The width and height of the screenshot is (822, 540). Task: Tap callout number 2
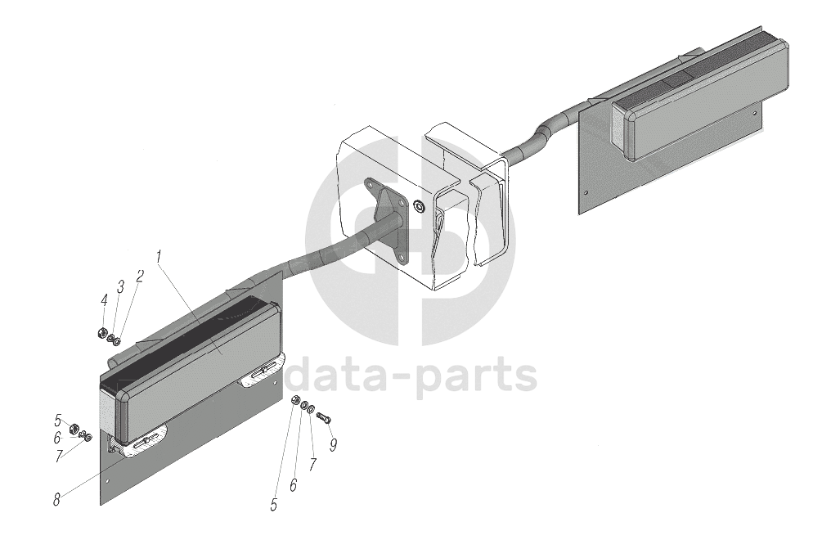(140, 276)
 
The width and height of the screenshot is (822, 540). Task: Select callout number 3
(121, 286)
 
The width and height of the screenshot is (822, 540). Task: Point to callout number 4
(105, 299)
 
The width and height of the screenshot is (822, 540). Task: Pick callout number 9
(333, 446)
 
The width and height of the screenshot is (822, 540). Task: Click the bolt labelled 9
(322, 418)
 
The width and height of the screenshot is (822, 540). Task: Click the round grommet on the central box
(419, 205)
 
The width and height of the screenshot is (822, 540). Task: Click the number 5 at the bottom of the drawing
(274, 505)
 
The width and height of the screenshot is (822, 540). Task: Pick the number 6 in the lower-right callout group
(293, 485)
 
